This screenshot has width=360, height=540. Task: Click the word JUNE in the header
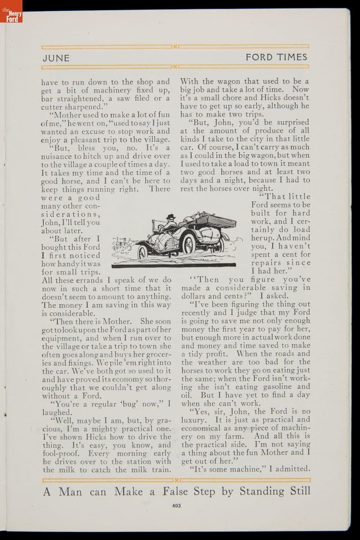pyautogui.click(x=56, y=58)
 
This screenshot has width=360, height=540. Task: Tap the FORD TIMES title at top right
pyautogui.click(x=276, y=57)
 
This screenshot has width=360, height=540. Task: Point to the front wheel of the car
pyautogui.click(x=142, y=252)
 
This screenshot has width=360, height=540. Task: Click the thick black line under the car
pyautogui.click(x=173, y=266)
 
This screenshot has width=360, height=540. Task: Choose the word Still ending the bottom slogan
pyautogui.click(x=297, y=491)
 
